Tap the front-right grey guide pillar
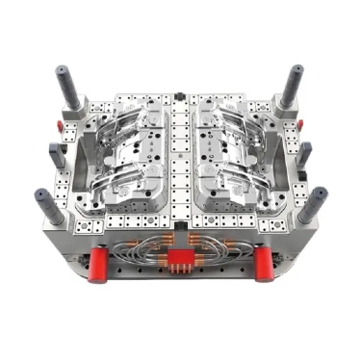click(x=314, y=203)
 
